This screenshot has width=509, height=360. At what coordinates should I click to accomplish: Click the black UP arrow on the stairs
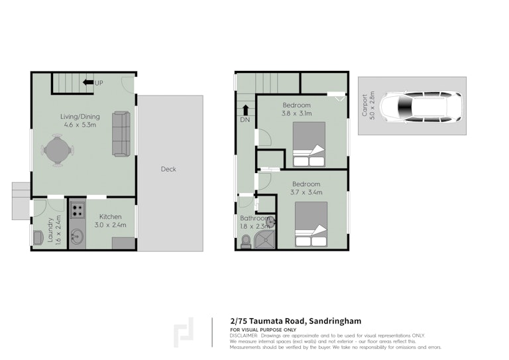[88, 82]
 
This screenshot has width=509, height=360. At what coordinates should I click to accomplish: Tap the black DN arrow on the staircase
[246, 110]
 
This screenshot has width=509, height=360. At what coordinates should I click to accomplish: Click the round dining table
[58, 150]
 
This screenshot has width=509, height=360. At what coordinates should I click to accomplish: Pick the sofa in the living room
[121, 134]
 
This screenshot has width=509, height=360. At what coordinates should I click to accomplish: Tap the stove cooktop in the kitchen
[78, 210]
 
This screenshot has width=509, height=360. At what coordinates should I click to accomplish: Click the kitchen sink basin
[77, 236]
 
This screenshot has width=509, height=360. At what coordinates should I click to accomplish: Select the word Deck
[168, 169]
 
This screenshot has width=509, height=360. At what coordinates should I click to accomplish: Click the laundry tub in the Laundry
[38, 237]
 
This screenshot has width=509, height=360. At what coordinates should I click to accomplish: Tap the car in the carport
[422, 107]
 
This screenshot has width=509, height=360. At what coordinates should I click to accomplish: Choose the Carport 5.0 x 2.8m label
[368, 105]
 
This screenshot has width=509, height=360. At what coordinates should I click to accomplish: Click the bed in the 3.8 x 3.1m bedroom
[309, 144]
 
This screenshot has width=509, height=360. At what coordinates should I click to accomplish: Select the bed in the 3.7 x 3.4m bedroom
[311, 224]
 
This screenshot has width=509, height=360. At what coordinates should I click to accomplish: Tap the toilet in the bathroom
[246, 241]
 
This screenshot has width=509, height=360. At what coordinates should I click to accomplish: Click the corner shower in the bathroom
[264, 239]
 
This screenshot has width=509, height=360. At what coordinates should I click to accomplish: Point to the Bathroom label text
[254, 218]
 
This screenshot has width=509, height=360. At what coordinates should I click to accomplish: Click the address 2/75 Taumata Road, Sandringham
[296, 321]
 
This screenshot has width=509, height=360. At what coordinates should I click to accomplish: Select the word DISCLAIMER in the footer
[244, 335]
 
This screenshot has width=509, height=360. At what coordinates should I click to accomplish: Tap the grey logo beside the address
[184, 332]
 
